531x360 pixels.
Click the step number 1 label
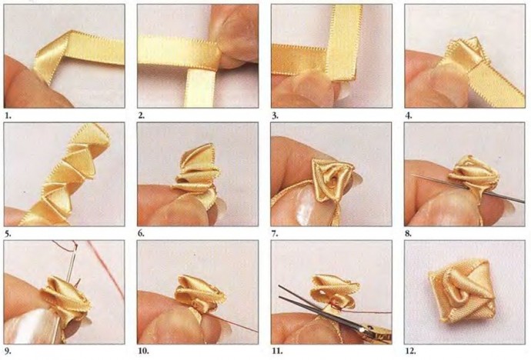point(8,115)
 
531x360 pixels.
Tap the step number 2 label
point(142,115)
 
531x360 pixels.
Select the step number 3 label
point(275,115)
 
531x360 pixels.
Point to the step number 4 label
point(409,115)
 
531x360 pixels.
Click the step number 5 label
point(8,233)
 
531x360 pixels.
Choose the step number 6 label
point(142,233)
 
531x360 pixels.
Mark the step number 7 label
point(275,233)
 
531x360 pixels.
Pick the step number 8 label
point(408,233)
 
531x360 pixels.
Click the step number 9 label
point(8,351)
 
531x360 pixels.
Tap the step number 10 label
point(143,351)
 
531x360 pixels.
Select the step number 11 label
point(277,351)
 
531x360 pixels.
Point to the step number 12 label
point(410,351)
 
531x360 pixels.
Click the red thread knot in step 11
point(334,305)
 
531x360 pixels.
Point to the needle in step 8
point(469,188)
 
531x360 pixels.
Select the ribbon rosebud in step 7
point(333,180)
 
